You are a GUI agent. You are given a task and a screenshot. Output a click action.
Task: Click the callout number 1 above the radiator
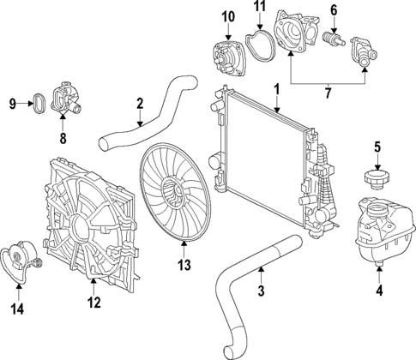click(x=276, y=88)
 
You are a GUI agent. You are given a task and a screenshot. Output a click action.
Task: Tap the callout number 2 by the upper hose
click(x=139, y=105)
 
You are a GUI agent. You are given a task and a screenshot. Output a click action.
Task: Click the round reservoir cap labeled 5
click(x=375, y=180)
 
